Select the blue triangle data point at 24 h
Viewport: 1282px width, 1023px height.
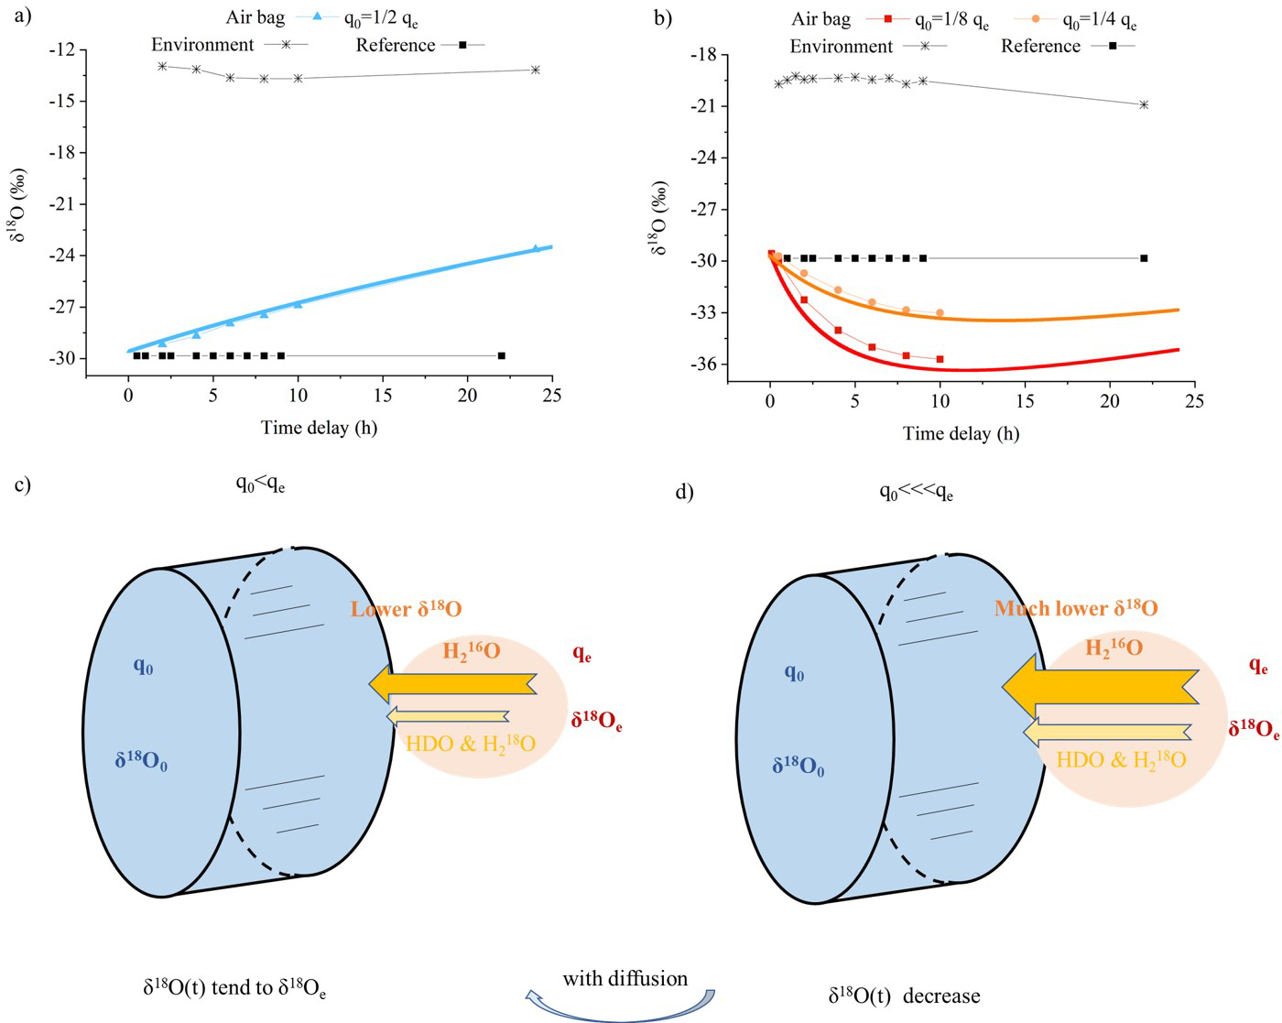point(536,249)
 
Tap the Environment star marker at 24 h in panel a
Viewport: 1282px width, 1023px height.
point(536,70)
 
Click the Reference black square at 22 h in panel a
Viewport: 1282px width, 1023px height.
point(501,355)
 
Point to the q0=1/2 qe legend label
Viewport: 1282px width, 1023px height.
point(379,18)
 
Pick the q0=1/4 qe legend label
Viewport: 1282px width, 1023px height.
point(1099,20)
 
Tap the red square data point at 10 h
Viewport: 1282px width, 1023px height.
point(940,359)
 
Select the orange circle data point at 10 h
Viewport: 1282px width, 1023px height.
point(940,313)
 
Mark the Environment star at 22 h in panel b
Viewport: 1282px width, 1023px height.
point(1144,104)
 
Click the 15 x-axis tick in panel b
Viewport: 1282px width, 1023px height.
point(1024,401)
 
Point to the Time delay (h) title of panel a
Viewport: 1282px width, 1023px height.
point(319,427)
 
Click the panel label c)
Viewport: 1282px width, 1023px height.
point(24,484)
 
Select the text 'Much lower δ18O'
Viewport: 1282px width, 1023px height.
point(1076,609)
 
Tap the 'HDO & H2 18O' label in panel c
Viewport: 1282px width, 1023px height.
point(470,744)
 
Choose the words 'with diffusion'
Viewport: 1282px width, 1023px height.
point(625,979)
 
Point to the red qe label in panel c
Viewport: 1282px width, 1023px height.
point(581,653)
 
